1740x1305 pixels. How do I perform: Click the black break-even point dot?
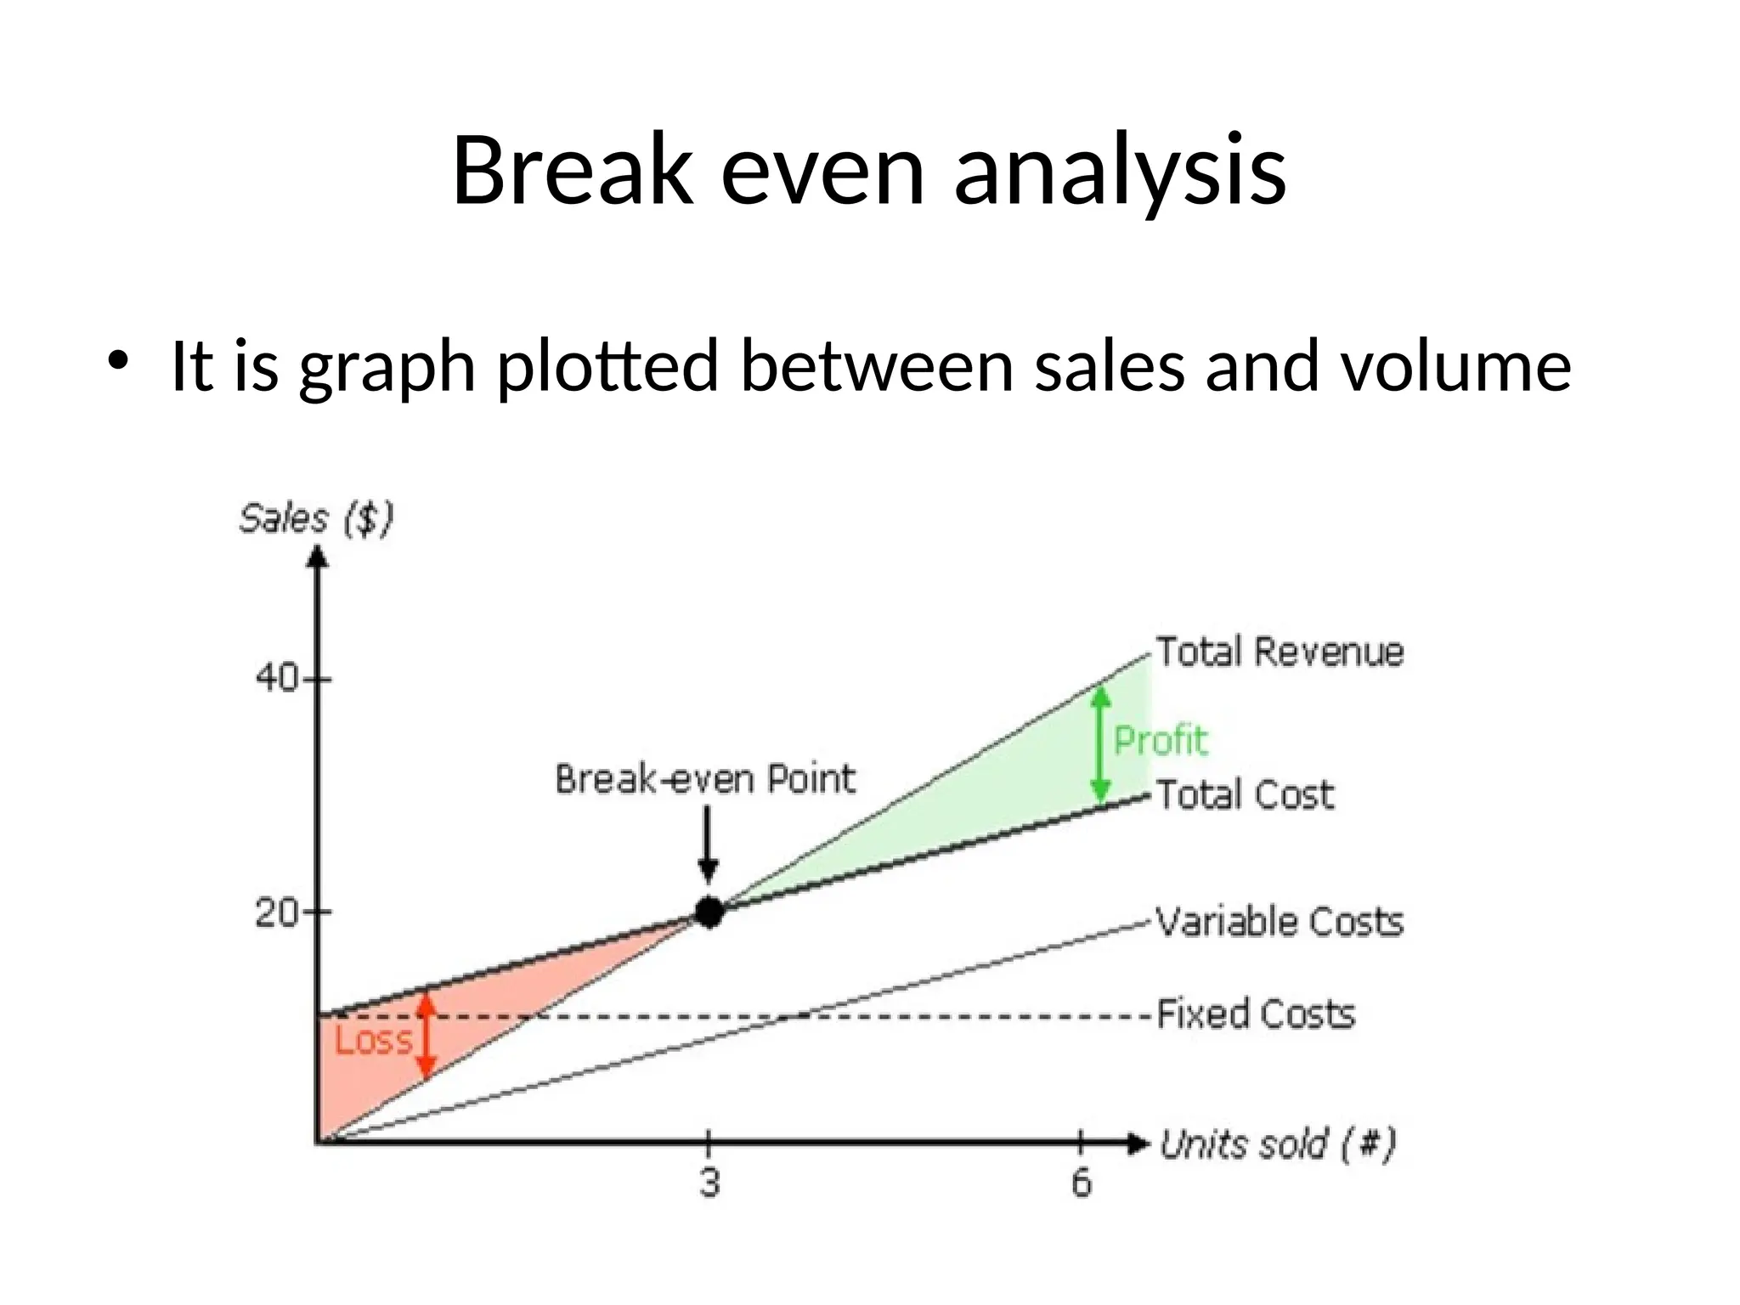tap(709, 912)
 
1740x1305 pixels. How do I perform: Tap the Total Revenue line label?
tap(1280, 652)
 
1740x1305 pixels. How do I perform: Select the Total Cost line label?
tap(1245, 795)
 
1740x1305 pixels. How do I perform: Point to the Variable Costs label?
tap(1280, 922)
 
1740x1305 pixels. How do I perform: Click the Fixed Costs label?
tap(1256, 1014)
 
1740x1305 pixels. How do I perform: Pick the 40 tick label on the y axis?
tap(277, 679)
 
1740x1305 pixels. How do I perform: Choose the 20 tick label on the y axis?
tap(277, 913)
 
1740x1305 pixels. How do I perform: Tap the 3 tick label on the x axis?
tap(710, 1183)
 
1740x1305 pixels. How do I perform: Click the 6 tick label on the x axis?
tap(1081, 1183)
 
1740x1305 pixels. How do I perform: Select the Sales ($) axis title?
tap(316, 519)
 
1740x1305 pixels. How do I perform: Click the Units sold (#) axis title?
tap(1278, 1144)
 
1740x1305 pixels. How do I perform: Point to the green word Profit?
tap(1160, 740)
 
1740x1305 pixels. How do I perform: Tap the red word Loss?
tap(373, 1040)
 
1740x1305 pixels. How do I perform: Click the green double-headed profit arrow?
tap(1101, 744)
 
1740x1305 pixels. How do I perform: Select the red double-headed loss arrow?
tap(427, 1035)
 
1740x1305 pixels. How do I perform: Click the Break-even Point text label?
tap(705, 779)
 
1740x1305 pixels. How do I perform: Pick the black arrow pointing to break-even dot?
tap(709, 845)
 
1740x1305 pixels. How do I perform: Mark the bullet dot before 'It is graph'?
tap(117, 359)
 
